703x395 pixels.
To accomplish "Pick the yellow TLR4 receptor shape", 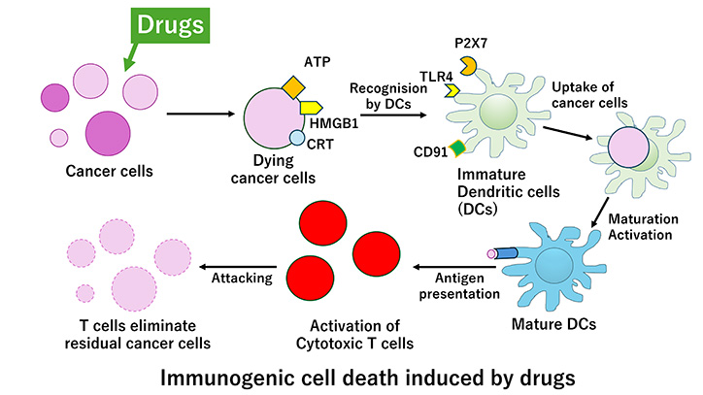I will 452,90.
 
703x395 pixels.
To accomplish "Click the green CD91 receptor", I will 458,148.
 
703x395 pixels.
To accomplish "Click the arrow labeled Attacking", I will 240,264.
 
